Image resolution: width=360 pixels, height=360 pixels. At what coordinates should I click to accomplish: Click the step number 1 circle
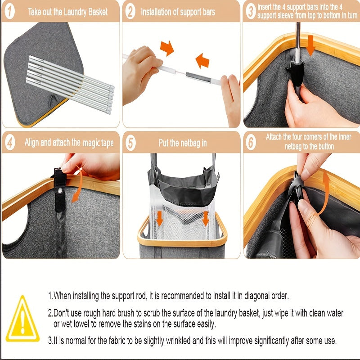click(9, 12)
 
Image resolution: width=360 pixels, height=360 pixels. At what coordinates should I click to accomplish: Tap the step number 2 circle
click(130, 12)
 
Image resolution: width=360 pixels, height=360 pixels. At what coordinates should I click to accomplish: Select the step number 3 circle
click(251, 12)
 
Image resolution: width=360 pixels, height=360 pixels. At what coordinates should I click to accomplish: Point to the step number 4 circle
click(10, 143)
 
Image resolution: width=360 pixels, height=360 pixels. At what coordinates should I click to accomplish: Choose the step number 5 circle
click(130, 143)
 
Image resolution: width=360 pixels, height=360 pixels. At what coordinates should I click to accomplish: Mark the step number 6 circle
click(251, 143)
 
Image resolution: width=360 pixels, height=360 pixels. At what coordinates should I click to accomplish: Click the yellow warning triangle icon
click(22, 319)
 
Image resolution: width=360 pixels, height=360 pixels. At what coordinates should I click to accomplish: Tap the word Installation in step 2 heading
click(156, 12)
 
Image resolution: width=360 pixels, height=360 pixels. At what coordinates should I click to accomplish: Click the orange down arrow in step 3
click(310, 45)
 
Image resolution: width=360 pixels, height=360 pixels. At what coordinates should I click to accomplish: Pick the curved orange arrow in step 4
click(79, 184)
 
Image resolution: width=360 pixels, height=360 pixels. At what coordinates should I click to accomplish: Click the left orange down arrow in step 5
click(159, 218)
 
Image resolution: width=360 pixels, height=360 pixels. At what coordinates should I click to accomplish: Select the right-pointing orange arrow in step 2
click(167, 48)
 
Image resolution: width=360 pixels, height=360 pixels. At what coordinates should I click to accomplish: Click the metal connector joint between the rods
click(198, 77)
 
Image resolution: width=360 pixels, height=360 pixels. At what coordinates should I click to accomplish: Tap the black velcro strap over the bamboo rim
click(60, 177)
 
